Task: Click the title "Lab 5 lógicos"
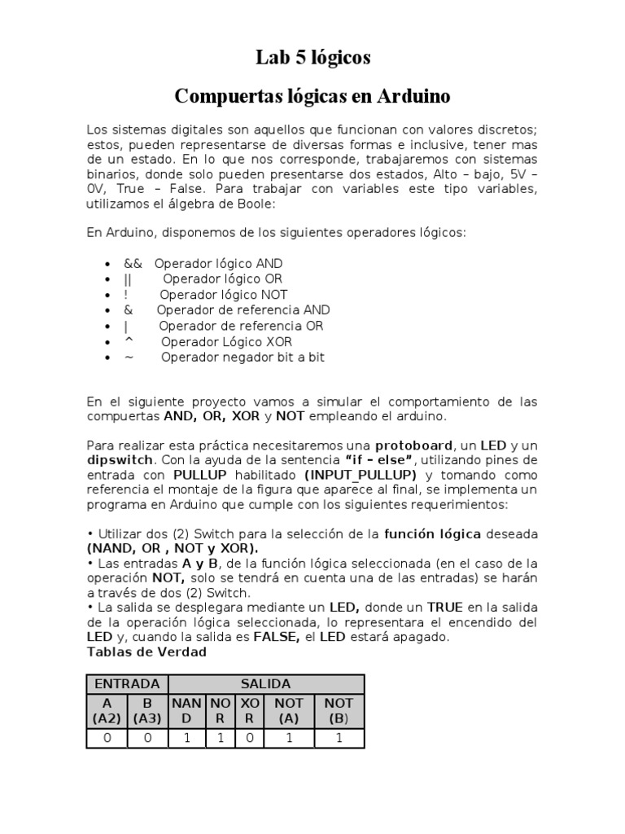312,58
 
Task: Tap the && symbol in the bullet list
133,264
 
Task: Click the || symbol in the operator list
128,279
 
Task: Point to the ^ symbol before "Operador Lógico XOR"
128,341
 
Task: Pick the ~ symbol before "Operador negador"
128,357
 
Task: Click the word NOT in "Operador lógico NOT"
273,295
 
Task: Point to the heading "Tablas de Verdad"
146,652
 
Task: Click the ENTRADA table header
127,684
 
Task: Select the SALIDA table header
265,684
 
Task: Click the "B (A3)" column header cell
147,711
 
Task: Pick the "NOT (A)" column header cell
289,711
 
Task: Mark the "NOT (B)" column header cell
339,711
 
